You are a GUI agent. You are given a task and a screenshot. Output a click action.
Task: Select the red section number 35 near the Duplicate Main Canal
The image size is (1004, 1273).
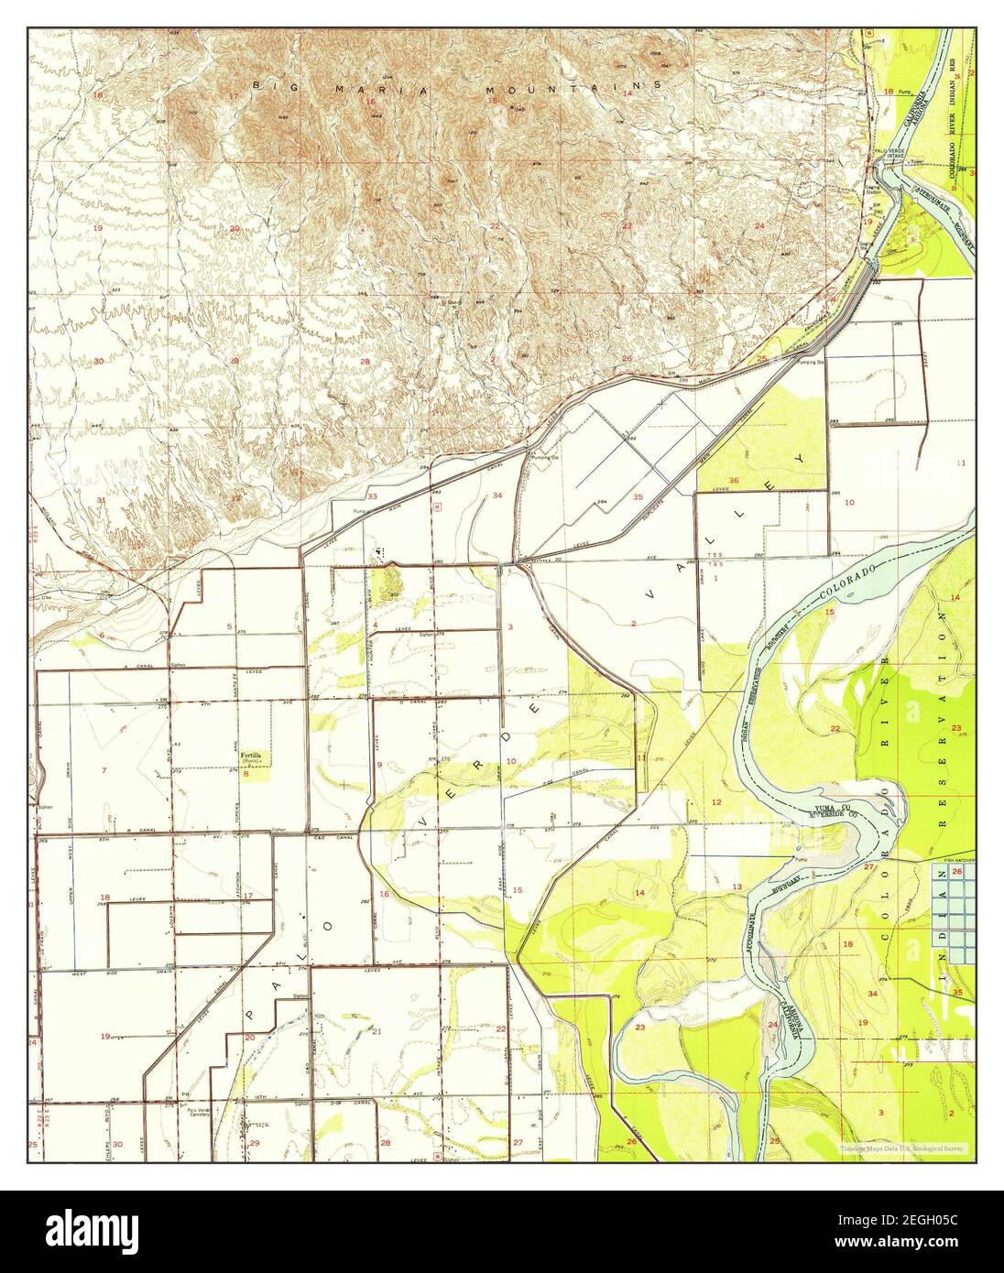pyautogui.click(x=638, y=496)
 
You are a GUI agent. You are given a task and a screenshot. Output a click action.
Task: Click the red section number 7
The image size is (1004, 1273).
pyautogui.click(x=104, y=770)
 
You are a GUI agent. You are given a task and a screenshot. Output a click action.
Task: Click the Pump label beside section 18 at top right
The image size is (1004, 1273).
pyautogui.click(x=907, y=92)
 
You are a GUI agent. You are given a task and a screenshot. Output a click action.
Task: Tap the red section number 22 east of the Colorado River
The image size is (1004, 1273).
pyautogui.click(x=835, y=729)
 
